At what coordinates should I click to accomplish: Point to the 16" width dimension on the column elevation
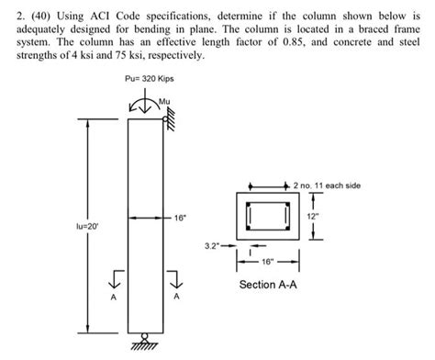(x=179, y=219)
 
